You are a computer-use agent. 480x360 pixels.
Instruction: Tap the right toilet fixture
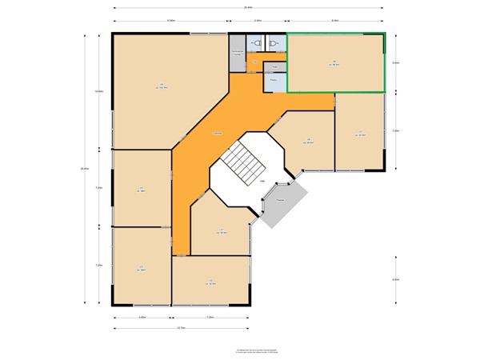(273, 43)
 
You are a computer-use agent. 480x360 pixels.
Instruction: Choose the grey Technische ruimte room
(238, 53)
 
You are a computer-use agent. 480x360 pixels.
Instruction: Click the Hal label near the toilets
(254, 62)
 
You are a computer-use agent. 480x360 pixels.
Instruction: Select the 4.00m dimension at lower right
(395, 279)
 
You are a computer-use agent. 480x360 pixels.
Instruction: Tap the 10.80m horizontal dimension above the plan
(170, 20)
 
